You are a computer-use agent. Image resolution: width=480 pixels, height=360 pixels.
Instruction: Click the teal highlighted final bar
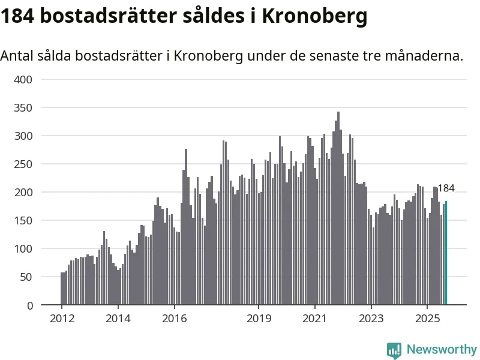coord(446,253)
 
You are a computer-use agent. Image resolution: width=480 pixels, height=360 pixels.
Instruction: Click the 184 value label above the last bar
coord(446,188)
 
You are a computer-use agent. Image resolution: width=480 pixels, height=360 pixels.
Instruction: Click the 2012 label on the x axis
coord(62,318)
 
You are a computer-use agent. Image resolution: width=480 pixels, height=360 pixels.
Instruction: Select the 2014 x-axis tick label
coord(118,318)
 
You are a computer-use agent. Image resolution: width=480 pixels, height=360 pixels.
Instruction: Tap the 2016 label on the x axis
coord(174,318)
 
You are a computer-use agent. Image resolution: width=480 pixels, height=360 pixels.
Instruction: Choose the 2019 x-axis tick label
coord(259,318)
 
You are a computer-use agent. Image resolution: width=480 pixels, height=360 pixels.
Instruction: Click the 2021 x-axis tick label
coord(315,318)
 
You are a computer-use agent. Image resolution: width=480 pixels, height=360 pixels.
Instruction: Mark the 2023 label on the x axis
coord(371,318)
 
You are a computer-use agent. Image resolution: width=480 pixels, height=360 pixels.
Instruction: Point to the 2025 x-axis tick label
coord(427,318)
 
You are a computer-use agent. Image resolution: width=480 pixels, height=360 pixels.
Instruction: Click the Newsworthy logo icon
coord(394,350)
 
